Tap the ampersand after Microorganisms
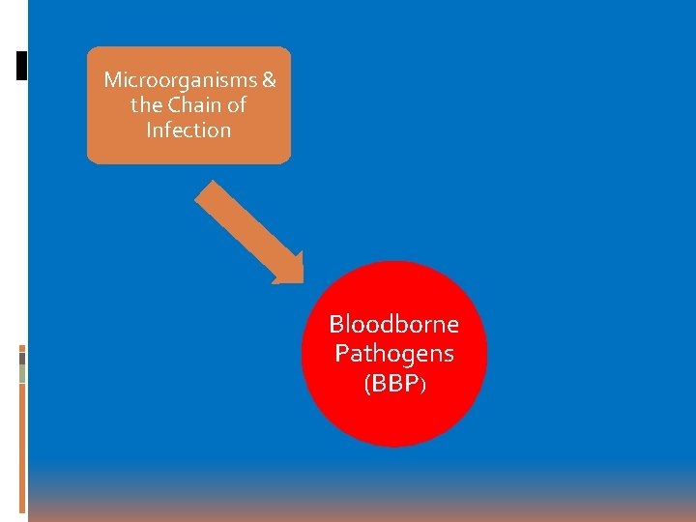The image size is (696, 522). pos(269,79)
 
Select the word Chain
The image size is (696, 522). pos(197,104)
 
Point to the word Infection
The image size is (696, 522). pos(188,130)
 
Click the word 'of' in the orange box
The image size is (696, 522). pos(236,104)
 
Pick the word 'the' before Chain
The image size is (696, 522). pos(146,104)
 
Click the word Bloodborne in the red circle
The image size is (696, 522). pos(393,323)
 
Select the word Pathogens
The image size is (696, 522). pos(393,353)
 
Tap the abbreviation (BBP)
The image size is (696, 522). pos(393,384)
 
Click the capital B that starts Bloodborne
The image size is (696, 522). pos(336,323)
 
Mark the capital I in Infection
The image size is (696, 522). pos(149,130)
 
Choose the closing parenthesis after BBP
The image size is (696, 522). pos(421,385)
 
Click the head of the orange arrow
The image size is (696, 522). pos(289,272)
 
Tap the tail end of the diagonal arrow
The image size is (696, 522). pos(206,190)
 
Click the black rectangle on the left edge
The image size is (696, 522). pos(22,65)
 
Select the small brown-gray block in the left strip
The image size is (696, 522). pos(22,359)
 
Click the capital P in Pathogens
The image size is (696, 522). pos(341,353)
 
